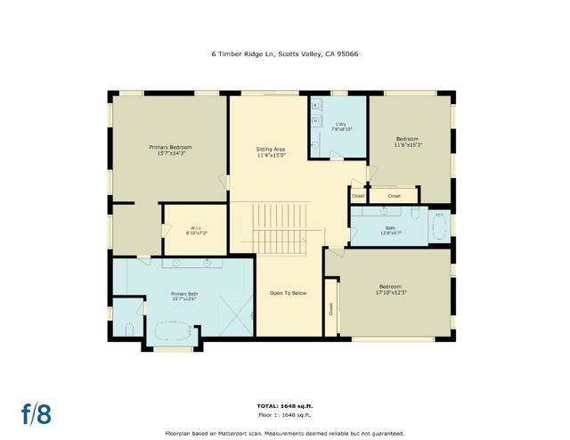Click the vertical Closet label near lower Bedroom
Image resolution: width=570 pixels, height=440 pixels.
point(330,308)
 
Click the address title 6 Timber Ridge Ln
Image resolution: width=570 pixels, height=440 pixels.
point(284,53)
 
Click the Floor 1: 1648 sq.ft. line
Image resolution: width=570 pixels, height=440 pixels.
point(284,415)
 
